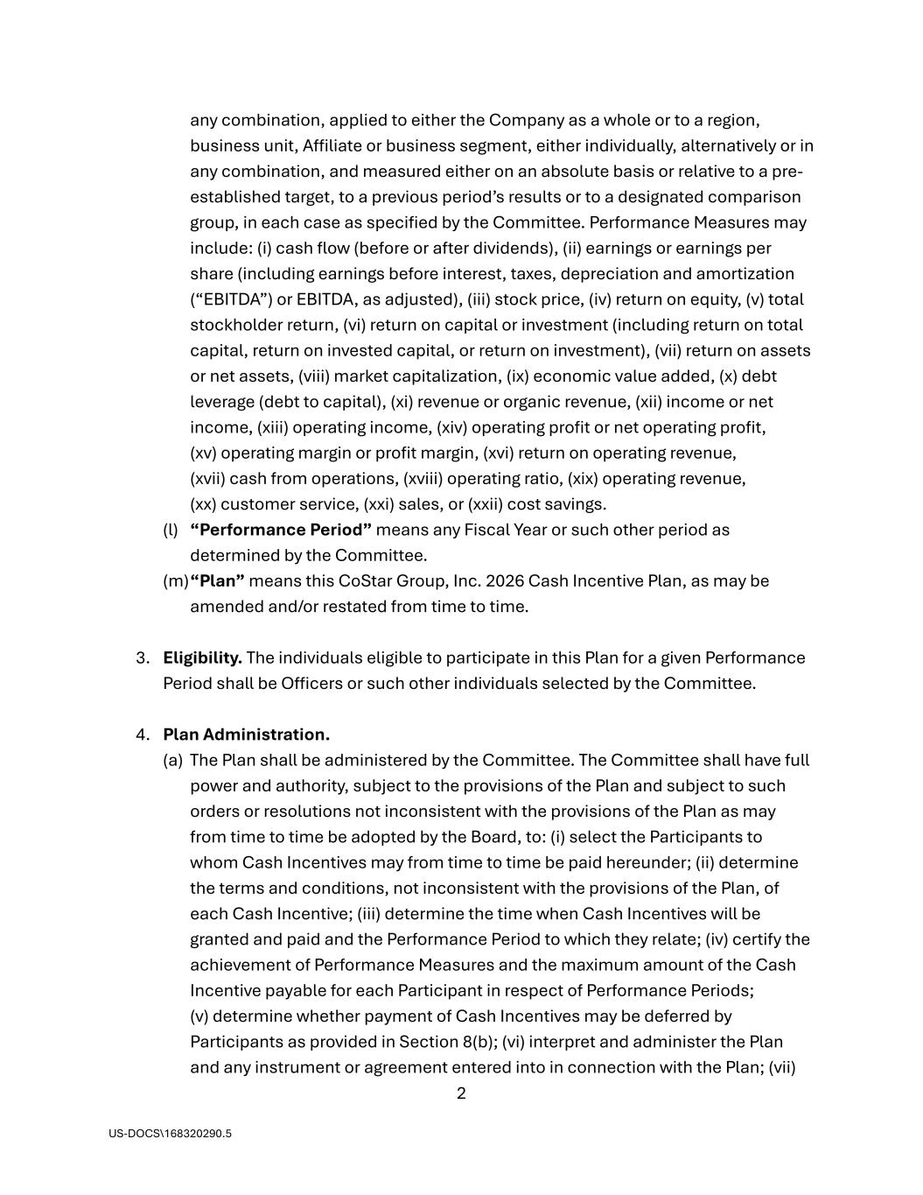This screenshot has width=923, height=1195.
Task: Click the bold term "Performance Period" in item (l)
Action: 281,530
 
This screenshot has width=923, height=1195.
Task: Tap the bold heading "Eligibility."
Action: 202,657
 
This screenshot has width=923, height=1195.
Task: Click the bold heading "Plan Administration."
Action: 246,735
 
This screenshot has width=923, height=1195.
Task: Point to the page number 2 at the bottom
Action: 461,1093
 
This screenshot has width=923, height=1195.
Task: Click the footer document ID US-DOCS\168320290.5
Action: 171,1134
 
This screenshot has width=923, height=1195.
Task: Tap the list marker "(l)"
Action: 171,530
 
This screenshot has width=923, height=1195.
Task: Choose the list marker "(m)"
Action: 175,581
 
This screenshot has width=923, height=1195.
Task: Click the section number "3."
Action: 143,657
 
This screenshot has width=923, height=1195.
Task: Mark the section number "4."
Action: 143,735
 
